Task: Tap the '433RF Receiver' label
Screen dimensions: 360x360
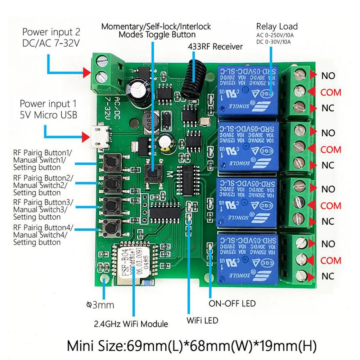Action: pos(215,47)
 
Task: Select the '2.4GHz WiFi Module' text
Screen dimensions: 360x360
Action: pos(131,324)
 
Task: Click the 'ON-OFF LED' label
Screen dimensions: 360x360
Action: pos(232,303)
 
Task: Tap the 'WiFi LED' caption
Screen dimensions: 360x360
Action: pos(202,320)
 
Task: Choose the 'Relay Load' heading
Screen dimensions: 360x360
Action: pos(277,26)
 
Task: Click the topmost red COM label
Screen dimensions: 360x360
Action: pos(330,92)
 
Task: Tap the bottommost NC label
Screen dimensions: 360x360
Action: pos(328,276)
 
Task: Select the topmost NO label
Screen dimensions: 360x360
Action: pos(328,76)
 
